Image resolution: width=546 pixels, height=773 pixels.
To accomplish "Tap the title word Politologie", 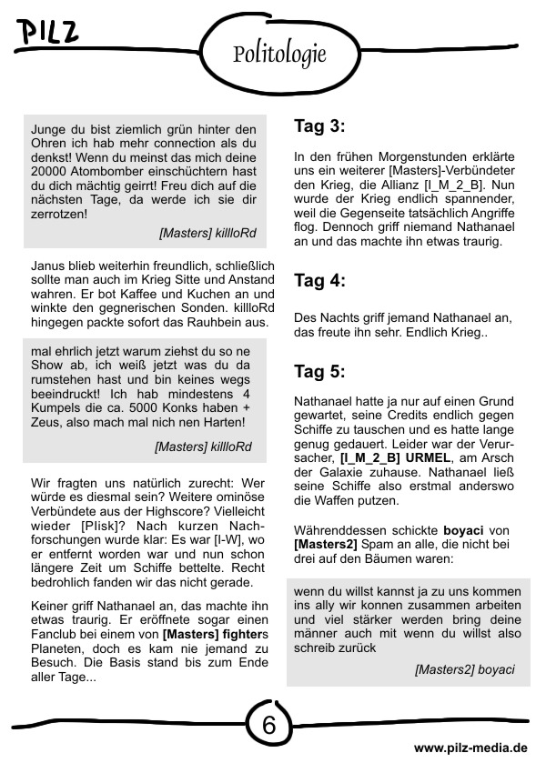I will tap(279, 55).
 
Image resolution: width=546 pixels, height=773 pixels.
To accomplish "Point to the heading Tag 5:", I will tap(319, 371).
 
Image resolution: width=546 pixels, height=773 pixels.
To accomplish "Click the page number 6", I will tap(269, 725).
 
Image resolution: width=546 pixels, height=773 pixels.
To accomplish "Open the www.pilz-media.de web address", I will tap(470, 748).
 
